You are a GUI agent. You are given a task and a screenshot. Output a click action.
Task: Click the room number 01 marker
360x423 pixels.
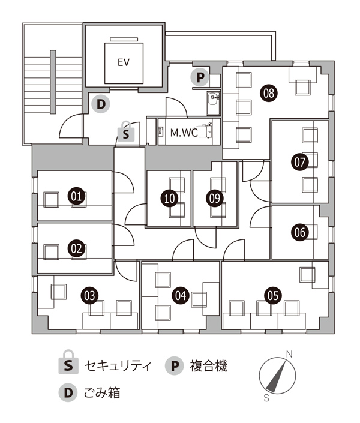[76, 196]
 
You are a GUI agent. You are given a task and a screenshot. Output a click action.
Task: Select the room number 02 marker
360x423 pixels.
[76, 248]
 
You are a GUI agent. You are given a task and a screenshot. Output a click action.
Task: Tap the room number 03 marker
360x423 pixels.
[89, 296]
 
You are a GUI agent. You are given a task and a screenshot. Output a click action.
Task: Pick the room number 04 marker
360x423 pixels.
[181, 295]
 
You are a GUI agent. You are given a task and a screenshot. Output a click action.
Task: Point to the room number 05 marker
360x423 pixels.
[273, 295]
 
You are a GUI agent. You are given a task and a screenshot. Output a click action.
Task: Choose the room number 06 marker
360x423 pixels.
[300, 232]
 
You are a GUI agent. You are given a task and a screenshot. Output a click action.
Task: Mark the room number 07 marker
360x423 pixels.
[299, 162]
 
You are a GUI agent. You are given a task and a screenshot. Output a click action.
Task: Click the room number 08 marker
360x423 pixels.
[269, 94]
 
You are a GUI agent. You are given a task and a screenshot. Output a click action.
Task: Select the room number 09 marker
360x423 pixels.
[215, 198]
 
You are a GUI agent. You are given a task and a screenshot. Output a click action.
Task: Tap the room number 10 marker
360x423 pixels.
[169, 198]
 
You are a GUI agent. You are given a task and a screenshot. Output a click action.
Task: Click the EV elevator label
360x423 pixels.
[124, 62]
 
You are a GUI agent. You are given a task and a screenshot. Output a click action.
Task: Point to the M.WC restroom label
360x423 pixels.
[184, 133]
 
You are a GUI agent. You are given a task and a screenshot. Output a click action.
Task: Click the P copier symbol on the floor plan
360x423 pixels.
[200, 77]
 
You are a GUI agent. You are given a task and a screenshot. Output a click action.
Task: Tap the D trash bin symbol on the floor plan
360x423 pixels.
[101, 104]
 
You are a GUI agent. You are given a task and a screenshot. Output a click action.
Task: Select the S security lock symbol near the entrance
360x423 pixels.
[126, 131]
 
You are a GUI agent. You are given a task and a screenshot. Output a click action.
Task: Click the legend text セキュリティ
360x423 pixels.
[118, 366]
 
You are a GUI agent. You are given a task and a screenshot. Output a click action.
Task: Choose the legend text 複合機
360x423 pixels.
[209, 366]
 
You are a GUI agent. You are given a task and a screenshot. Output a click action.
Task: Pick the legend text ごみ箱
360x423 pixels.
[102, 392]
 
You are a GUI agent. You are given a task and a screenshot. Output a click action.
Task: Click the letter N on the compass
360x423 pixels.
[289, 354]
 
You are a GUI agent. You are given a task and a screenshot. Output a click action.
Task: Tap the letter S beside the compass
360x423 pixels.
[266, 398]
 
